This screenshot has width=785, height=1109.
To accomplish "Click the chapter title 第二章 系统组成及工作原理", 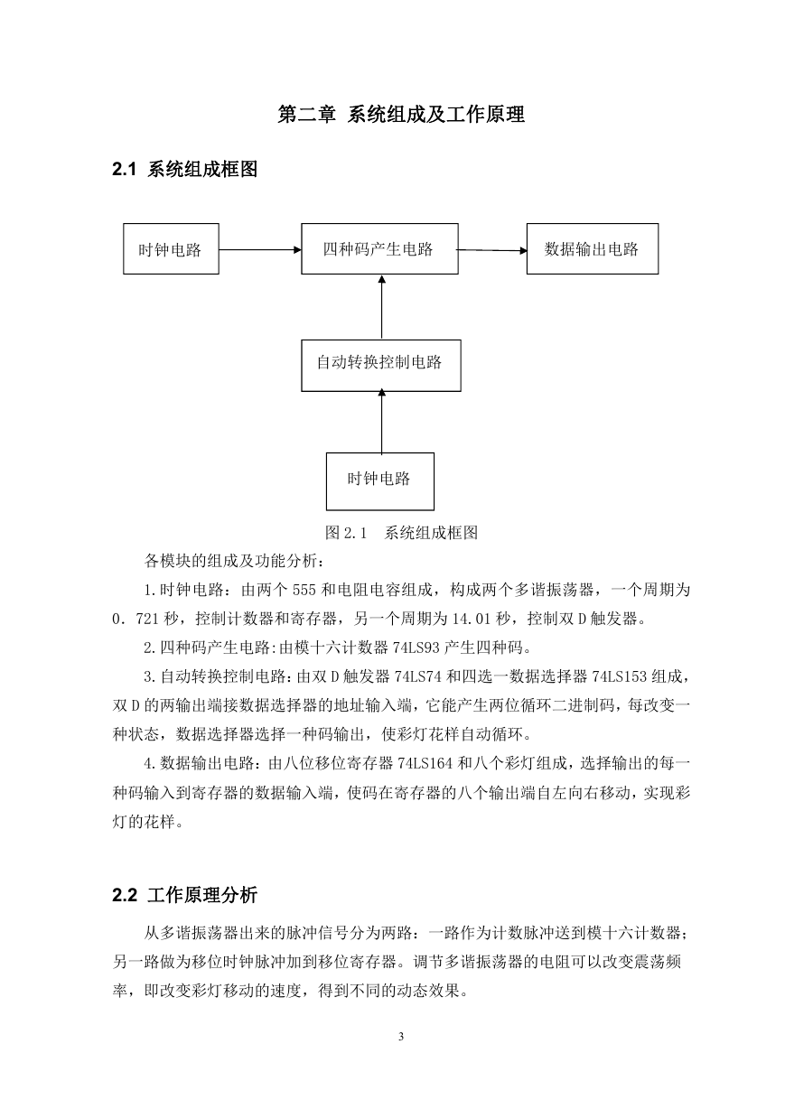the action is (401, 114).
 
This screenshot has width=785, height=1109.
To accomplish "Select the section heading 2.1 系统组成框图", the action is (185, 169).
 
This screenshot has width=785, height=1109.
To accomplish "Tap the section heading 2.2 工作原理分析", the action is (185, 895).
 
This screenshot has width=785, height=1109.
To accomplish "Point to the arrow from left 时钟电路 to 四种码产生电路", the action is (260, 249).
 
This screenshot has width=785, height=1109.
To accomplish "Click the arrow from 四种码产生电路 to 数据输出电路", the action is (492, 250).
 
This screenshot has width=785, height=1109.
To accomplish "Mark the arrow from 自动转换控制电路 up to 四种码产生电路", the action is (381, 307).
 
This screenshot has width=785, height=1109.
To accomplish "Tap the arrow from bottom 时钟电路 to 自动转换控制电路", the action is (381, 422).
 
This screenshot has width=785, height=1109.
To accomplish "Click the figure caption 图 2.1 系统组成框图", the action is (401, 533).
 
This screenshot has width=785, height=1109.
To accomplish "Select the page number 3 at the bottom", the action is (401, 1037).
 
